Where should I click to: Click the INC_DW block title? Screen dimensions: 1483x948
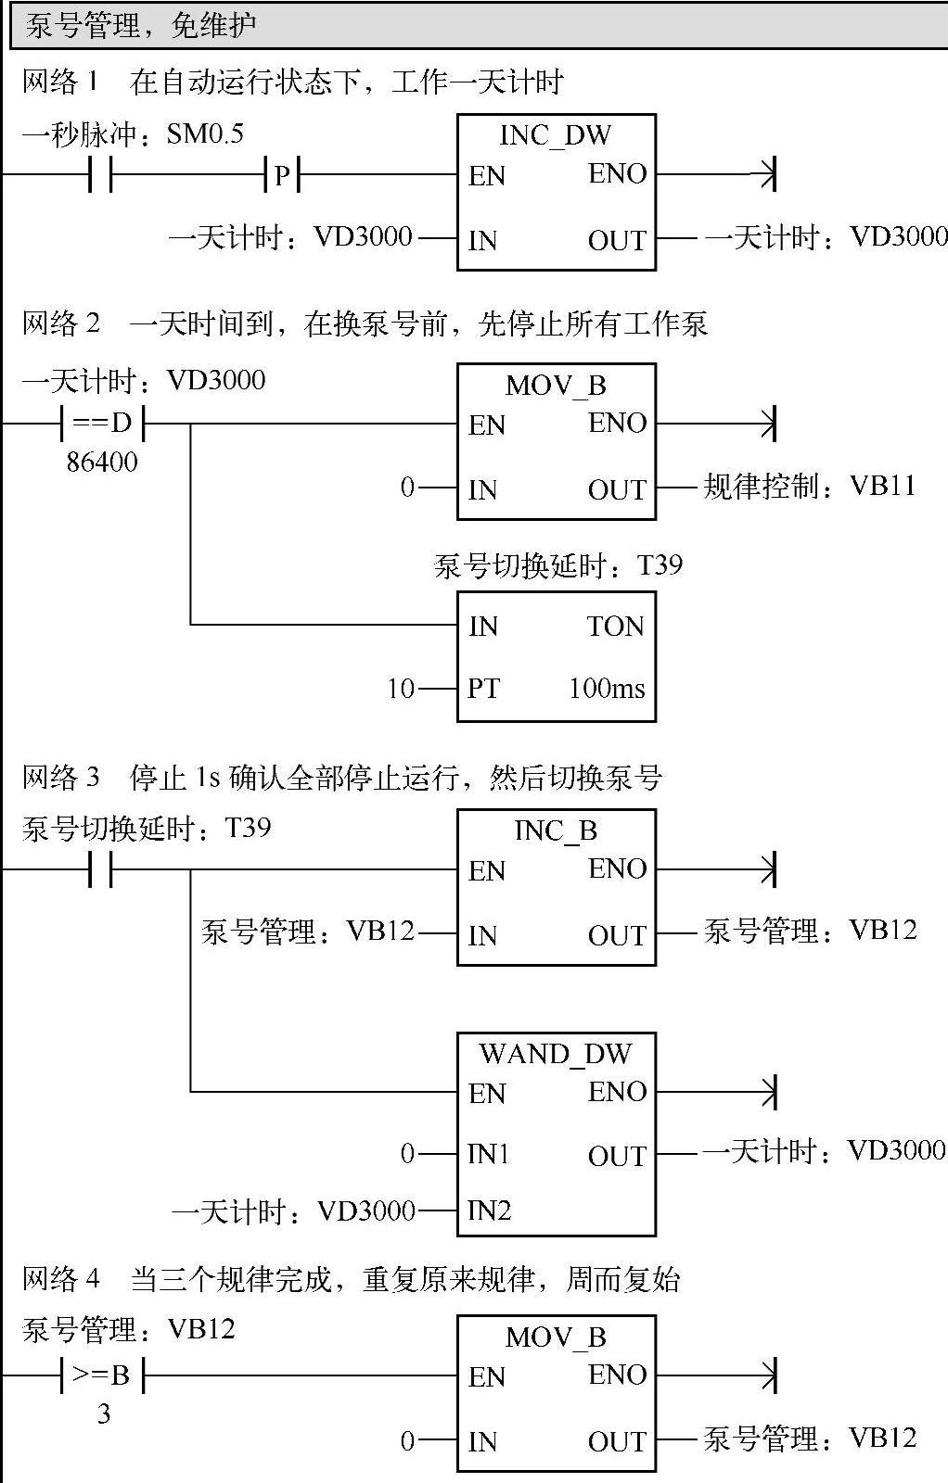click(x=555, y=135)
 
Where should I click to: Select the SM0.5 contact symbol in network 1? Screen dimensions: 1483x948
click(x=100, y=174)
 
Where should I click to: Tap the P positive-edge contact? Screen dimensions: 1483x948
click(x=282, y=174)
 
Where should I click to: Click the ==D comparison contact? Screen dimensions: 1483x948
click(x=102, y=424)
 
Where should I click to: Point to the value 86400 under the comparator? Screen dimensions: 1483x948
click(x=102, y=462)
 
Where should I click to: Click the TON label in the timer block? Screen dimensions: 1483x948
click(x=615, y=627)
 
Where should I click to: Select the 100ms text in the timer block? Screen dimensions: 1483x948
click(x=607, y=689)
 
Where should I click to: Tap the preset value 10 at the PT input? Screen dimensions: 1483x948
click(x=401, y=689)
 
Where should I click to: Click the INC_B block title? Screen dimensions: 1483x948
click(x=555, y=830)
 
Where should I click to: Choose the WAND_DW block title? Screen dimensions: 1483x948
click(x=555, y=1054)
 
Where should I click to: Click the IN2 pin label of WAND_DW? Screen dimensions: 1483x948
click(x=490, y=1210)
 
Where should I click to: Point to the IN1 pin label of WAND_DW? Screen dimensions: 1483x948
click(x=490, y=1154)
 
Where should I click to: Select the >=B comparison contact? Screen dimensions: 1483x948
click(x=102, y=1375)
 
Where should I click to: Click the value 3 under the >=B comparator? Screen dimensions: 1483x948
click(x=104, y=1414)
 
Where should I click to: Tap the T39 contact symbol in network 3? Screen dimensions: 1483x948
click(x=100, y=870)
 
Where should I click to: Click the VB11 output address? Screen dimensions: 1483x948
click(x=882, y=486)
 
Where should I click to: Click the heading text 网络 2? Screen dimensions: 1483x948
click(x=61, y=323)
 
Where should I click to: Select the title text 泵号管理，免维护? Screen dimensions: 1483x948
click(x=141, y=26)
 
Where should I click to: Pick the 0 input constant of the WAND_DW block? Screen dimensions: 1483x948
click(x=407, y=1154)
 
